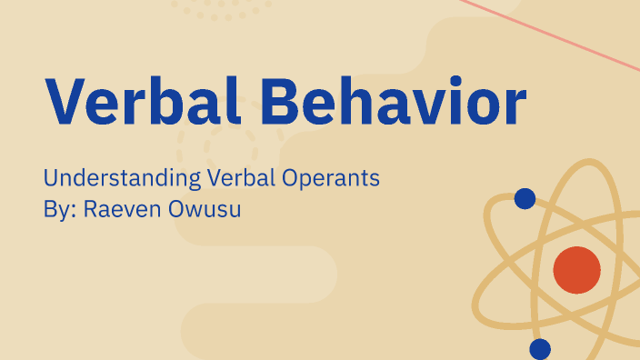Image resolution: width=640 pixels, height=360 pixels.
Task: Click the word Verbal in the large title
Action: (135, 101)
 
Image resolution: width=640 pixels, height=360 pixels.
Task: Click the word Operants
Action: (328, 178)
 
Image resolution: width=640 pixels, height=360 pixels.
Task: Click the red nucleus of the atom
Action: (576, 270)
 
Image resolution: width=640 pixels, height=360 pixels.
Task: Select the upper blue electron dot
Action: (525, 198)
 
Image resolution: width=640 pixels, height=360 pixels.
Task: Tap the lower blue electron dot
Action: (540, 348)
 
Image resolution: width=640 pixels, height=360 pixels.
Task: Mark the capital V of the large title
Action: (65, 101)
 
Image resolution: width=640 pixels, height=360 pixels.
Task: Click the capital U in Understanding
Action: (51, 178)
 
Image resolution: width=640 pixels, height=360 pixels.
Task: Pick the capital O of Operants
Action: (286, 178)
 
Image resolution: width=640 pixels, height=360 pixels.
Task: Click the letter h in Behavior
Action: (354, 101)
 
